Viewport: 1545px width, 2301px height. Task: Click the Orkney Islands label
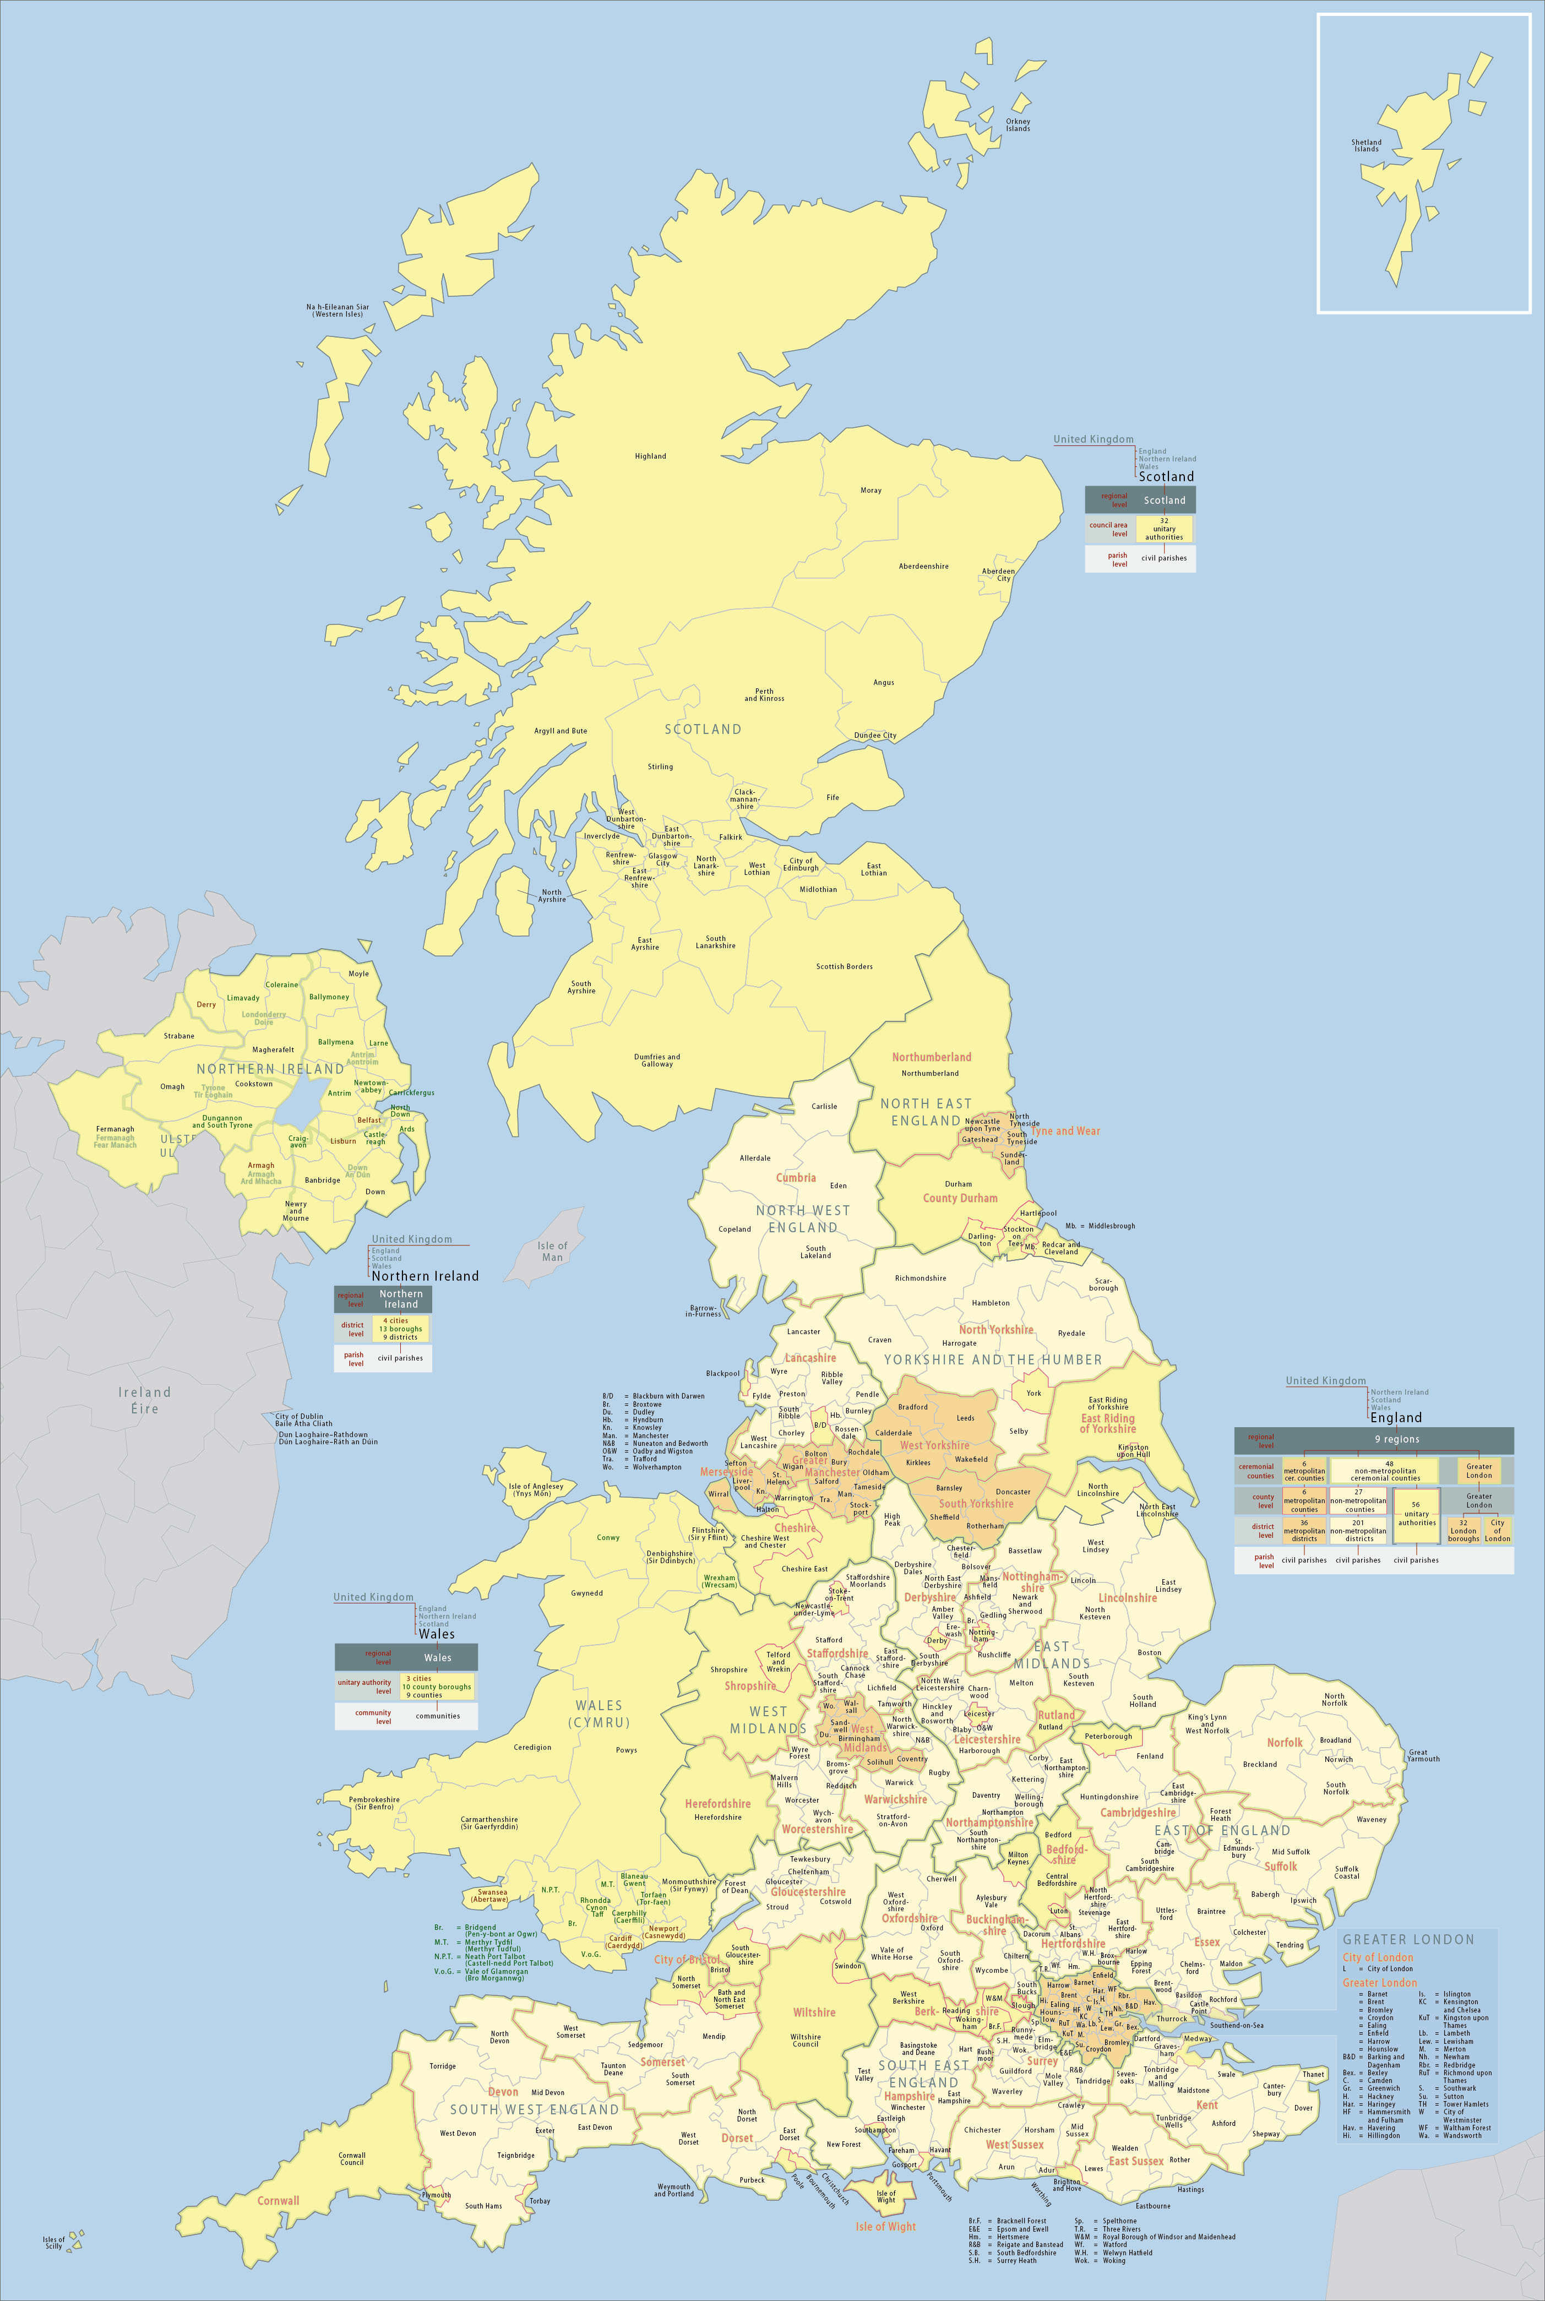click(x=1018, y=125)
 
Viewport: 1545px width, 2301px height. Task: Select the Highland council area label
click(x=650, y=456)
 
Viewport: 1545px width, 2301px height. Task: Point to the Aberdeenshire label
click(x=923, y=567)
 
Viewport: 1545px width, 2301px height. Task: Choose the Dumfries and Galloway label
click(x=657, y=1060)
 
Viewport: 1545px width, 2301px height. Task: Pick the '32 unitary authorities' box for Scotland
click(x=1163, y=529)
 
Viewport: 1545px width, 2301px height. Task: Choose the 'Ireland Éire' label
click(x=145, y=1400)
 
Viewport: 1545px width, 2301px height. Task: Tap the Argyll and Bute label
click(x=561, y=731)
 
